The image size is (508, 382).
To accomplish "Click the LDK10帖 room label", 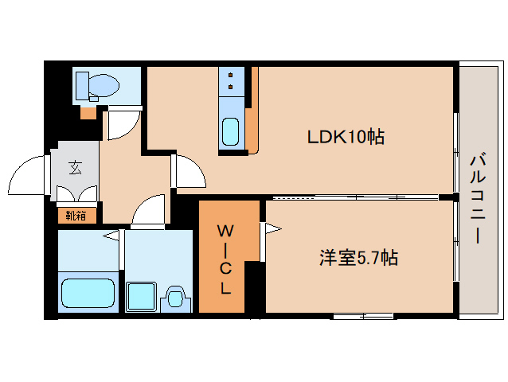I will [346, 137].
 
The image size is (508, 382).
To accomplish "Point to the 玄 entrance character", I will [75, 167].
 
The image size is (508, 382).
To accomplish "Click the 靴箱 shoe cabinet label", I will [76, 215].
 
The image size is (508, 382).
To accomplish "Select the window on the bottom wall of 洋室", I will [363, 316].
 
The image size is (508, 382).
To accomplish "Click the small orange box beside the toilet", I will [87, 111].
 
